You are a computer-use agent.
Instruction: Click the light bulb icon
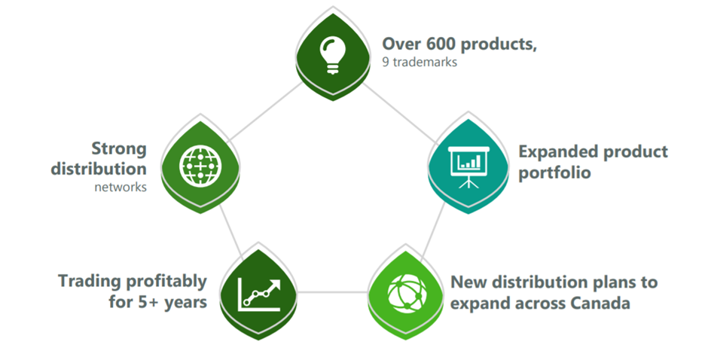pyautogui.click(x=333, y=55)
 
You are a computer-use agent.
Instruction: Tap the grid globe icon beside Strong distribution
pyautogui.click(x=200, y=166)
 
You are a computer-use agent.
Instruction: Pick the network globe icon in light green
pyautogui.click(x=407, y=293)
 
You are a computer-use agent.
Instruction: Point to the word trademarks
pyautogui.click(x=425, y=62)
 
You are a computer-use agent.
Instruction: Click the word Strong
pyautogui.click(x=119, y=149)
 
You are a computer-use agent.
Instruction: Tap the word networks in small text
pyautogui.click(x=121, y=187)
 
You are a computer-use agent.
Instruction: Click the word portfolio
pyautogui.click(x=554, y=172)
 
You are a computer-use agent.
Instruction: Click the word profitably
pyautogui.click(x=166, y=282)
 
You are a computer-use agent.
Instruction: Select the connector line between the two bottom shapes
pyautogui.click(x=333, y=292)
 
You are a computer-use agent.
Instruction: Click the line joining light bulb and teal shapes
pyautogui.click(x=400, y=113)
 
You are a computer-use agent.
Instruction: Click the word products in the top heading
pyautogui.click(x=499, y=44)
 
